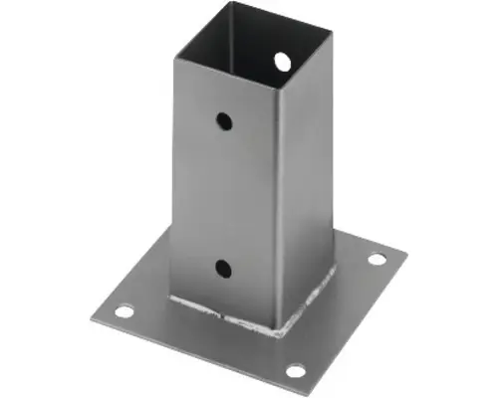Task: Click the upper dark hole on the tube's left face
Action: click(x=225, y=121)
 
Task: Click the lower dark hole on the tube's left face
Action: click(x=223, y=267)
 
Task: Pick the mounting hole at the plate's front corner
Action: click(x=296, y=371)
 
